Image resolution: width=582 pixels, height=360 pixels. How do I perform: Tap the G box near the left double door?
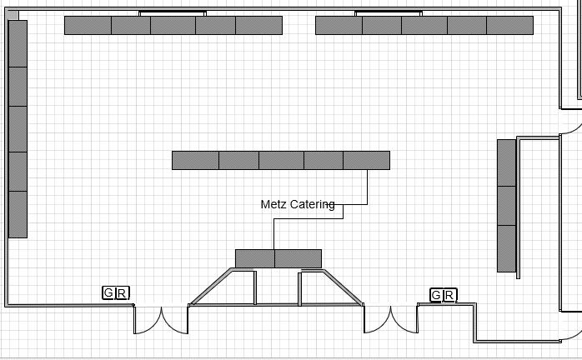tap(108, 292)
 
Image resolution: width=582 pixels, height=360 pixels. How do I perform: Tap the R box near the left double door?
tap(122, 292)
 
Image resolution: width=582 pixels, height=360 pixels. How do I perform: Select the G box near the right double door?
tap(436, 295)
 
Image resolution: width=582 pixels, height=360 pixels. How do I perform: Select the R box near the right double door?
tap(449, 295)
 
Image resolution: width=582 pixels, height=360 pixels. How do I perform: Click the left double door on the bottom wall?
tap(161, 320)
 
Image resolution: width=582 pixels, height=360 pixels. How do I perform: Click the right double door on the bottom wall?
tap(390, 320)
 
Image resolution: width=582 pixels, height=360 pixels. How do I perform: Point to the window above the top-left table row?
tap(173, 12)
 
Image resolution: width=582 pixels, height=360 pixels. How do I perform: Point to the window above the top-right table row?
tap(390, 12)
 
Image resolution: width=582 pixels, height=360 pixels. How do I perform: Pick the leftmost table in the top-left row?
tap(88, 26)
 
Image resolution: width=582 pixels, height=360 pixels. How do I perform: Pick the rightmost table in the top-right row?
tap(509, 26)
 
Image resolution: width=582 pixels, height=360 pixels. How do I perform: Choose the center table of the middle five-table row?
tap(281, 160)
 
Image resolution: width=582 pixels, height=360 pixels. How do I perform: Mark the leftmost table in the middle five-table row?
tap(195, 160)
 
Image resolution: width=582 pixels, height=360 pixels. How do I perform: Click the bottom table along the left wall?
tap(18, 214)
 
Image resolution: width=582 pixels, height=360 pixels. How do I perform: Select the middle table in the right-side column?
tap(506, 206)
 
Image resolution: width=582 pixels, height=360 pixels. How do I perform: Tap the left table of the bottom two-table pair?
tap(254, 258)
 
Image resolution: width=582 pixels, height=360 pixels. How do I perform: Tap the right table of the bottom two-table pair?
tap(299, 258)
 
